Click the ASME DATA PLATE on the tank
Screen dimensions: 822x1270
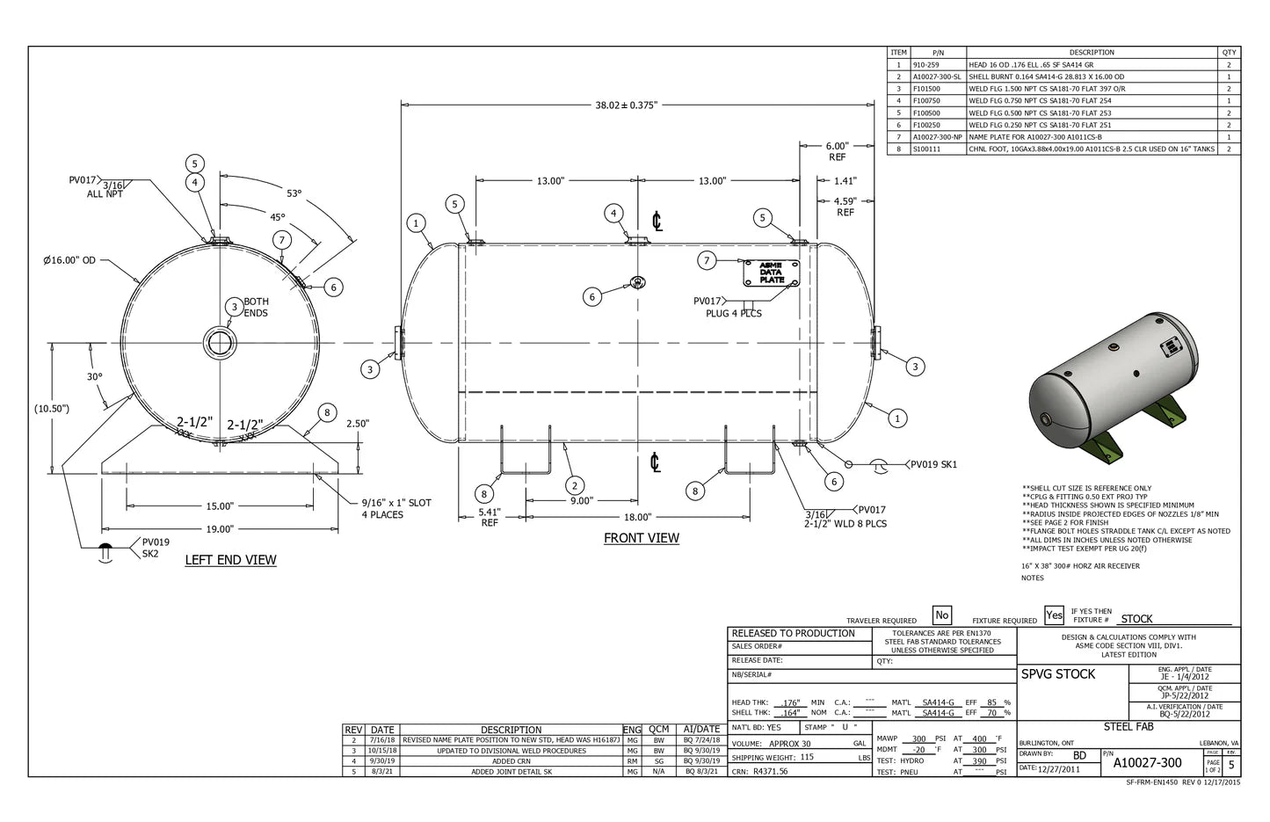click(x=771, y=273)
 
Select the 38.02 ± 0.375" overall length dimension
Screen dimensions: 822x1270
click(x=626, y=105)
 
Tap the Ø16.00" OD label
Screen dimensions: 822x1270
click(x=69, y=261)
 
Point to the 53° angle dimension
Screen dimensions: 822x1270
click(x=293, y=193)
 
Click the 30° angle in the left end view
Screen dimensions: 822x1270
click(x=94, y=376)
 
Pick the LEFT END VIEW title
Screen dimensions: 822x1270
click(x=230, y=560)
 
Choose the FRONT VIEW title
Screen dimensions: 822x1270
click(x=641, y=538)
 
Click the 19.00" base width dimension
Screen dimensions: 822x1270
click(x=219, y=529)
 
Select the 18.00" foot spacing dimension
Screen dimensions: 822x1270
click(x=638, y=518)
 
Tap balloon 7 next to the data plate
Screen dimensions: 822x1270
click(x=707, y=260)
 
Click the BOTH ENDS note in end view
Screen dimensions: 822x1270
click(x=256, y=307)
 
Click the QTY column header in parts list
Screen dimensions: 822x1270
click(x=1229, y=53)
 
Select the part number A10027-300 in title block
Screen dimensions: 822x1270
click(x=1147, y=763)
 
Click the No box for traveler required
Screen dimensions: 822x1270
click(x=942, y=615)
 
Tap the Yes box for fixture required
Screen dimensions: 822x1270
click(x=1054, y=615)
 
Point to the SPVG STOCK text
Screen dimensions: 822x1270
click(x=1058, y=674)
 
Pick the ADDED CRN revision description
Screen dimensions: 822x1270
click(x=511, y=761)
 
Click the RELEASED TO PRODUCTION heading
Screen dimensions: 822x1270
click(x=793, y=634)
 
